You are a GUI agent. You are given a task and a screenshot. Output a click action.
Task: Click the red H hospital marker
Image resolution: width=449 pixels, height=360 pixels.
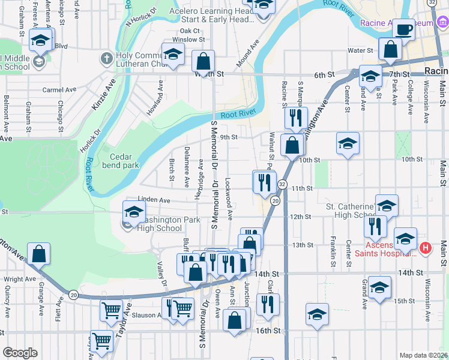[x=426, y=247]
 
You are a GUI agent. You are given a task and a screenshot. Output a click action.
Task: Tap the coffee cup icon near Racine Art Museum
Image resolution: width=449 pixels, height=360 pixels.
[x=404, y=29]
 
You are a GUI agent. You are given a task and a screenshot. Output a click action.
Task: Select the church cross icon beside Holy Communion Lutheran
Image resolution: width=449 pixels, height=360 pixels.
[x=106, y=59]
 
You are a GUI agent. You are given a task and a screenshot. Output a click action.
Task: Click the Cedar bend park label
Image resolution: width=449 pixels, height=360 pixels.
[x=120, y=160]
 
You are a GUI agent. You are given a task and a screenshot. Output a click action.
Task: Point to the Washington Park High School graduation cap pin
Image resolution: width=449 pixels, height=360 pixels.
[x=133, y=211]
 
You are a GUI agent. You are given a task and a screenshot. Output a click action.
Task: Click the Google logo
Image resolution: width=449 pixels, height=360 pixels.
[x=20, y=352]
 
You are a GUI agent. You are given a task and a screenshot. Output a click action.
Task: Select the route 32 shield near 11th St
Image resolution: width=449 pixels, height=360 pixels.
[x=282, y=184]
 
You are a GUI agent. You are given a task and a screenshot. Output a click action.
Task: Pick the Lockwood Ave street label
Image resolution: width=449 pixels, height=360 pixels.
[x=229, y=193]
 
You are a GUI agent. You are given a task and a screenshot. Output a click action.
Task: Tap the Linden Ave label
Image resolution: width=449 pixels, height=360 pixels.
[x=154, y=200]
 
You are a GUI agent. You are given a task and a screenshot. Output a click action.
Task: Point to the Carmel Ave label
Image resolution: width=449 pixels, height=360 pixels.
[x=59, y=90]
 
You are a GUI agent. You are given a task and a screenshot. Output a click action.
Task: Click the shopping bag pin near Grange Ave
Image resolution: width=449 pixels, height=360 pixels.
[x=38, y=253]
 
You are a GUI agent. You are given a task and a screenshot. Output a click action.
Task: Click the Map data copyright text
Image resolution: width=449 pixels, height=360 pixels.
[x=423, y=355]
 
